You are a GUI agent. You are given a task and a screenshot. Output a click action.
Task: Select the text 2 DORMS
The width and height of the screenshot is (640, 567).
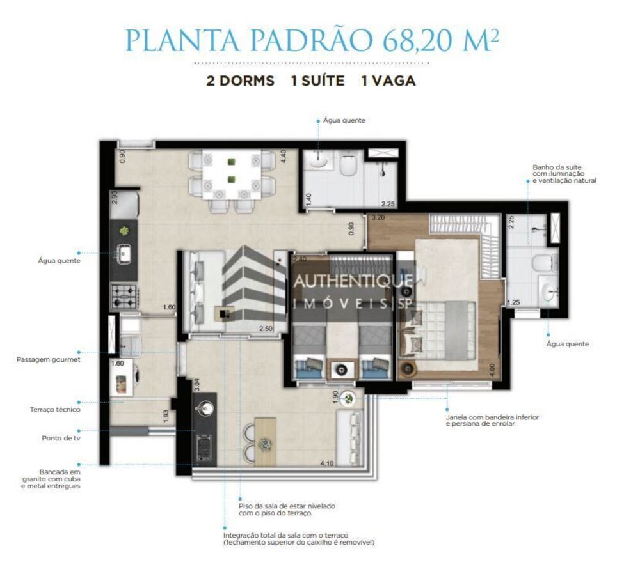[x=240, y=81]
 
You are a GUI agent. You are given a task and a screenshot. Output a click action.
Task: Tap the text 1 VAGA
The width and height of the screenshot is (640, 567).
[x=388, y=81]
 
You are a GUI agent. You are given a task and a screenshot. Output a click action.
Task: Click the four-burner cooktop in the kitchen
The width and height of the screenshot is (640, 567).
[x=125, y=296]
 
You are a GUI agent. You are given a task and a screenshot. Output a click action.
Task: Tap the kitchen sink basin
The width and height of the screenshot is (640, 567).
[x=124, y=255]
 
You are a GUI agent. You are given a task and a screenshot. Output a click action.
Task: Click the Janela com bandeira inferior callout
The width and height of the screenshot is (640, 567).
[x=493, y=420]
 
